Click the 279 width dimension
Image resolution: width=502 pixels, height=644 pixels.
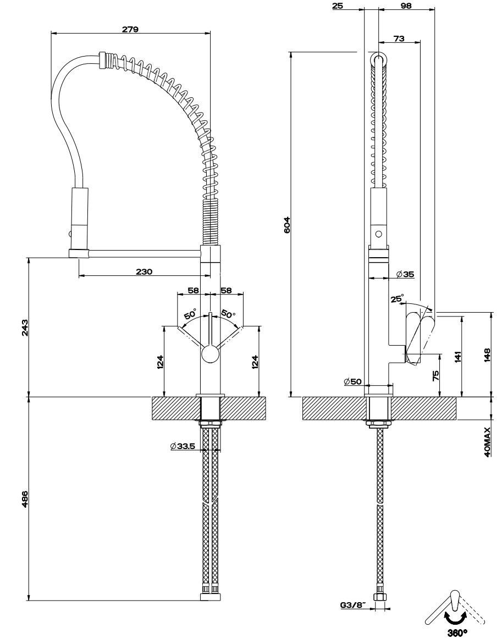130,29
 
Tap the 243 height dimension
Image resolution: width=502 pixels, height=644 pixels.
24,328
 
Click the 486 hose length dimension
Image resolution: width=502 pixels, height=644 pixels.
24,498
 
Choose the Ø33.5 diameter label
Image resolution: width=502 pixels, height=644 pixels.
183,446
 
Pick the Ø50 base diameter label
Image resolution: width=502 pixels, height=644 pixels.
352,381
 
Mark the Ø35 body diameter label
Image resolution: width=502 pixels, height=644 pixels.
405,274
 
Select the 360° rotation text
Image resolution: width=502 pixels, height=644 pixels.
457,633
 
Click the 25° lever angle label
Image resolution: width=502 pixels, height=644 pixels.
396,299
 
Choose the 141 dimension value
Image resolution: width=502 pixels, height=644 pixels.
458,356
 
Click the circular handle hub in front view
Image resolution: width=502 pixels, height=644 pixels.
209,354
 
